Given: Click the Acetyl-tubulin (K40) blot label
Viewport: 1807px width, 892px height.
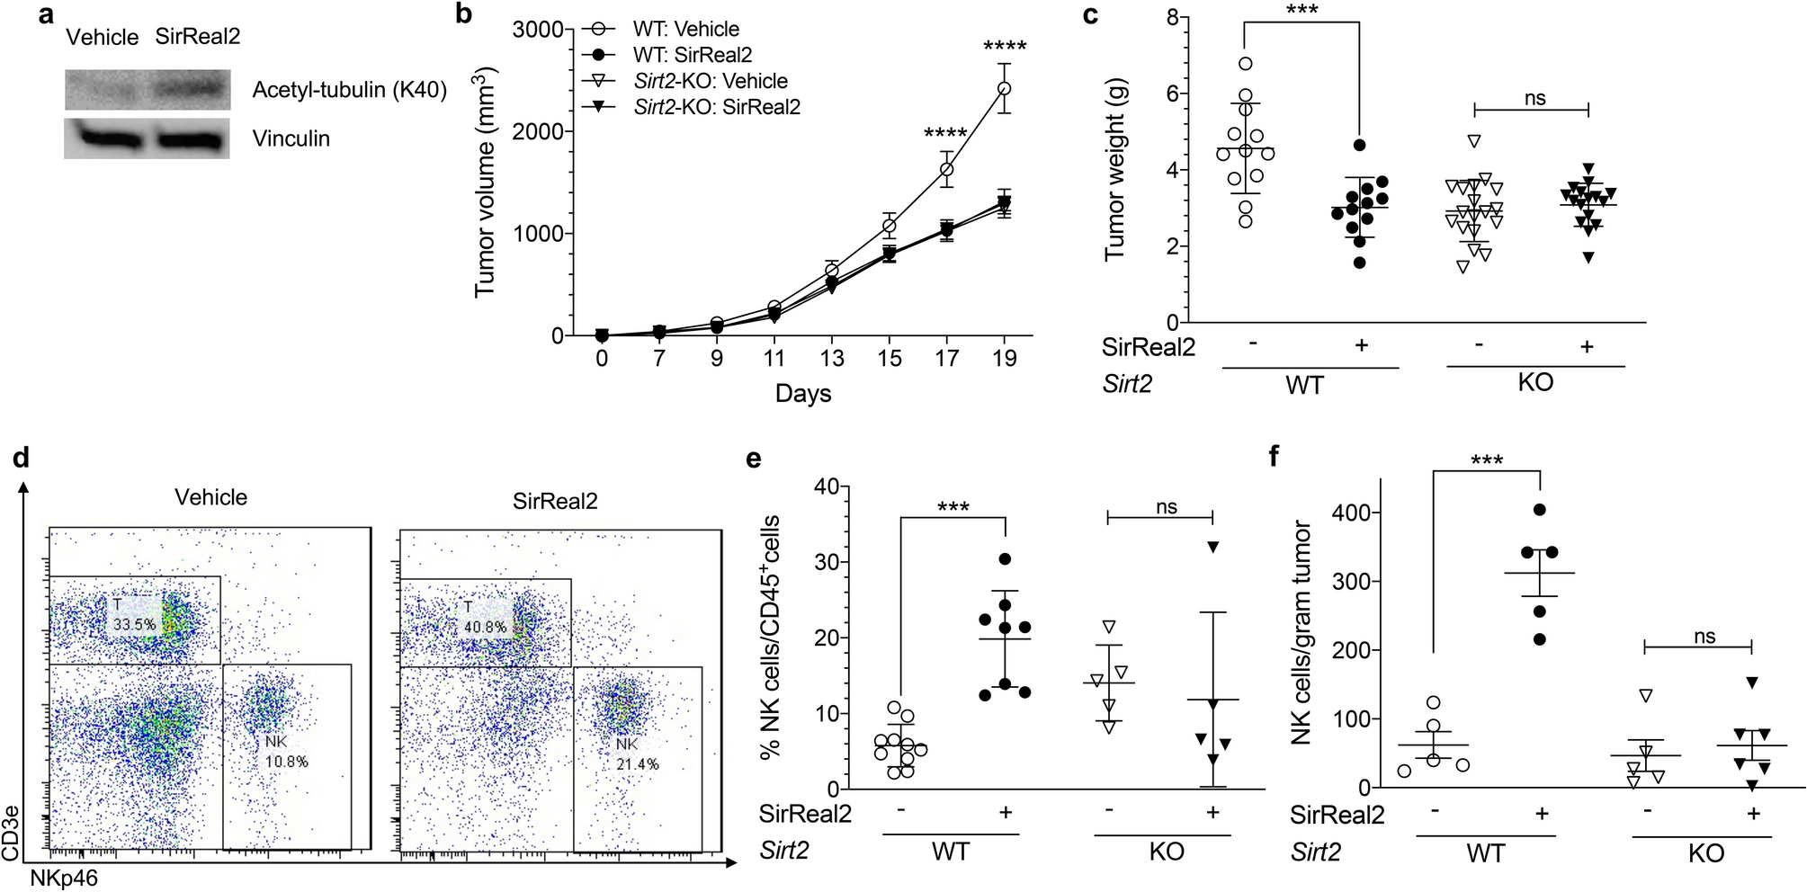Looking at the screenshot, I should click(x=349, y=90).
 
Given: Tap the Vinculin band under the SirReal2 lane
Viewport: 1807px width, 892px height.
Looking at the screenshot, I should click(x=190, y=140).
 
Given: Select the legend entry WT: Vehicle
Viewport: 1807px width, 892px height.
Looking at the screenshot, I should click(x=685, y=29).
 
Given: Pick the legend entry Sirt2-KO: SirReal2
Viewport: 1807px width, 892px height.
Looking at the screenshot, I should click(x=716, y=107).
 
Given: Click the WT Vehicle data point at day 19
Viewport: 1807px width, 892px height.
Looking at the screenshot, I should click(x=1004, y=88).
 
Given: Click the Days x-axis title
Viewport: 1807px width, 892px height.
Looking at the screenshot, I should click(x=802, y=394).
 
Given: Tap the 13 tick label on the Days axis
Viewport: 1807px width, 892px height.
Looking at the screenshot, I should click(x=831, y=359).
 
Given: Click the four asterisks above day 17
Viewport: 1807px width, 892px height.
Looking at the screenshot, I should click(x=945, y=134).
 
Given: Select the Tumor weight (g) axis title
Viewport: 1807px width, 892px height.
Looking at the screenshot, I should click(x=1114, y=169).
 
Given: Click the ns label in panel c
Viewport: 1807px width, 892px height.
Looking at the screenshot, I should click(x=1534, y=98).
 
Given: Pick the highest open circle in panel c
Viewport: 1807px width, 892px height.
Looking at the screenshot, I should click(x=1246, y=64).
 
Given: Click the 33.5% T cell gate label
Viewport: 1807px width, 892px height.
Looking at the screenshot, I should click(x=134, y=624).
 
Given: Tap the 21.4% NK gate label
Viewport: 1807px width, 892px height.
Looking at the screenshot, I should click(x=637, y=763).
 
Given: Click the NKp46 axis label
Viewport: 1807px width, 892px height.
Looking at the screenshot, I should click(x=64, y=879).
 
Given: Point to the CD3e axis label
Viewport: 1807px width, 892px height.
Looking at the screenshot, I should click(x=11, y=834).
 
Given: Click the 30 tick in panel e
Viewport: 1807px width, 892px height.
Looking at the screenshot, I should click(x=826, y=563).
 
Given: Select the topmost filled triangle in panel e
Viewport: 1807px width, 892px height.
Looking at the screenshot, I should click(x=1212, y=548).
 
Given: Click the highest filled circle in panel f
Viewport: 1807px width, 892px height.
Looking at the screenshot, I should click(x=1539, y=510).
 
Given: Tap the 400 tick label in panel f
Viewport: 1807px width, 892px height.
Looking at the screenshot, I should click(x=1350, y=513).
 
